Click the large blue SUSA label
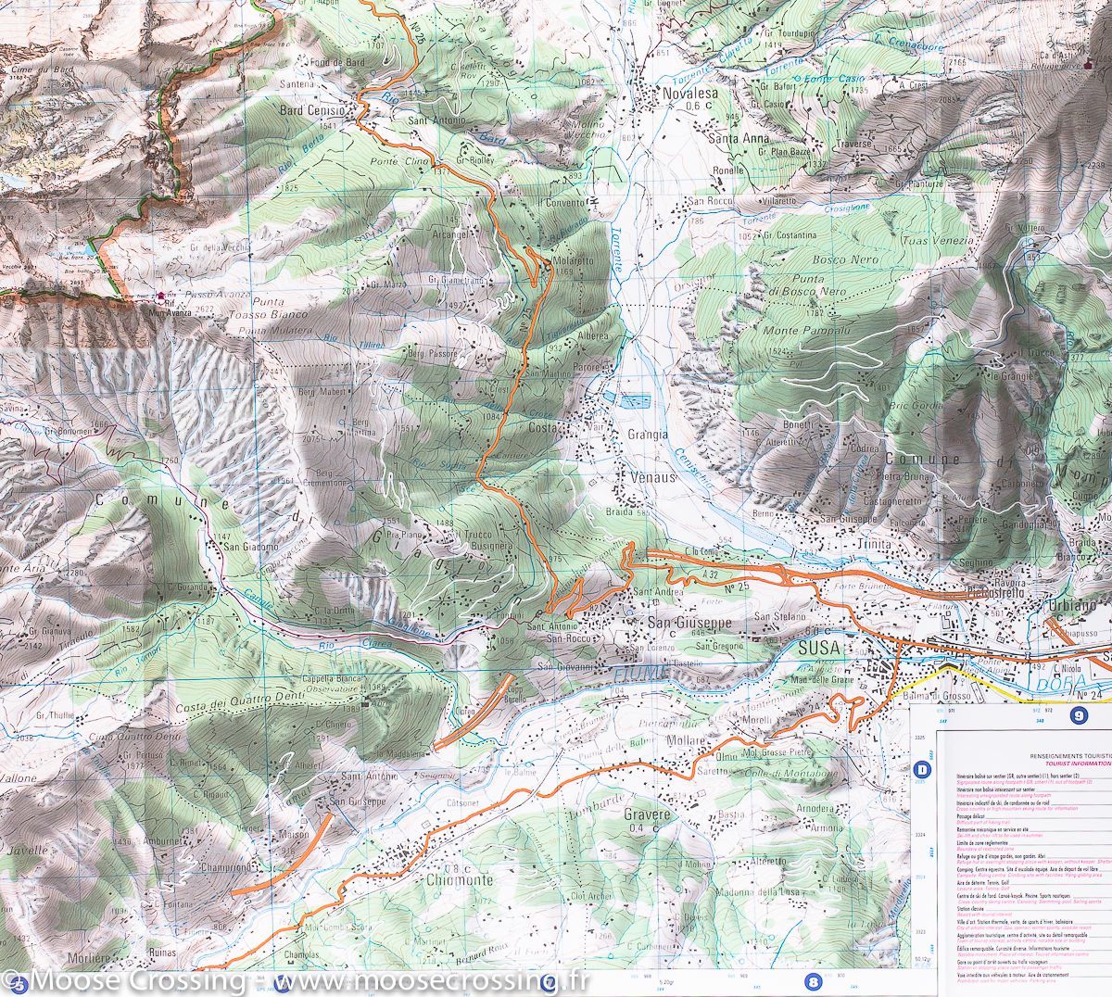click(x=820, y=650)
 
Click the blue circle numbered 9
click(x=1078, y=714)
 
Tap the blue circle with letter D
click(x=922, y=768)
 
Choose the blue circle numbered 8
click(x=814, y=982)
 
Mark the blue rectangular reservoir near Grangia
click(x=635, y=401)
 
